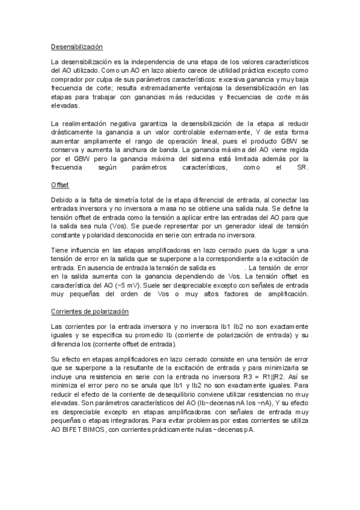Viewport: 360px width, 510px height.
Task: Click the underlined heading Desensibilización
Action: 77,46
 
